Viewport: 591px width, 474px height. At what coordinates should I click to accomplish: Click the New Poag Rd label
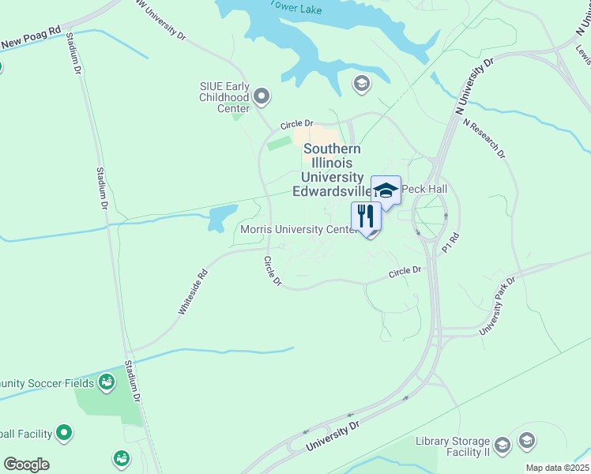click(x=31, y=38)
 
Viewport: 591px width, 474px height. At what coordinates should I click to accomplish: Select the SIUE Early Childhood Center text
click(x=224, y=97)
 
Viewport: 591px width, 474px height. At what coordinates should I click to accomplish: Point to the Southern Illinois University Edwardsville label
click(x=333, y=170)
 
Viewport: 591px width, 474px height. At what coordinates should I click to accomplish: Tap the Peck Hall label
click(x=423, y=190)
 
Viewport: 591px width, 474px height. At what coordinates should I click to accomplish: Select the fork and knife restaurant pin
click(x=366, y=216)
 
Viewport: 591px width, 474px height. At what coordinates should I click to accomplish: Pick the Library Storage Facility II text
click(x=453, y=446)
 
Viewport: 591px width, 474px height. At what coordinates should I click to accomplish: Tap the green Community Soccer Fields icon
click(x=107, y=384)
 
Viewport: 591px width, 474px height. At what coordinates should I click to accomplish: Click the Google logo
click(x=26, y=465)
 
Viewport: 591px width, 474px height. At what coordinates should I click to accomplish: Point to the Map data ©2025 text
click(x=557, y=468)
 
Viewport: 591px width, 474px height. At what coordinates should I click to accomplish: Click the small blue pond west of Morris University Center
click(x=222, y=217)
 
